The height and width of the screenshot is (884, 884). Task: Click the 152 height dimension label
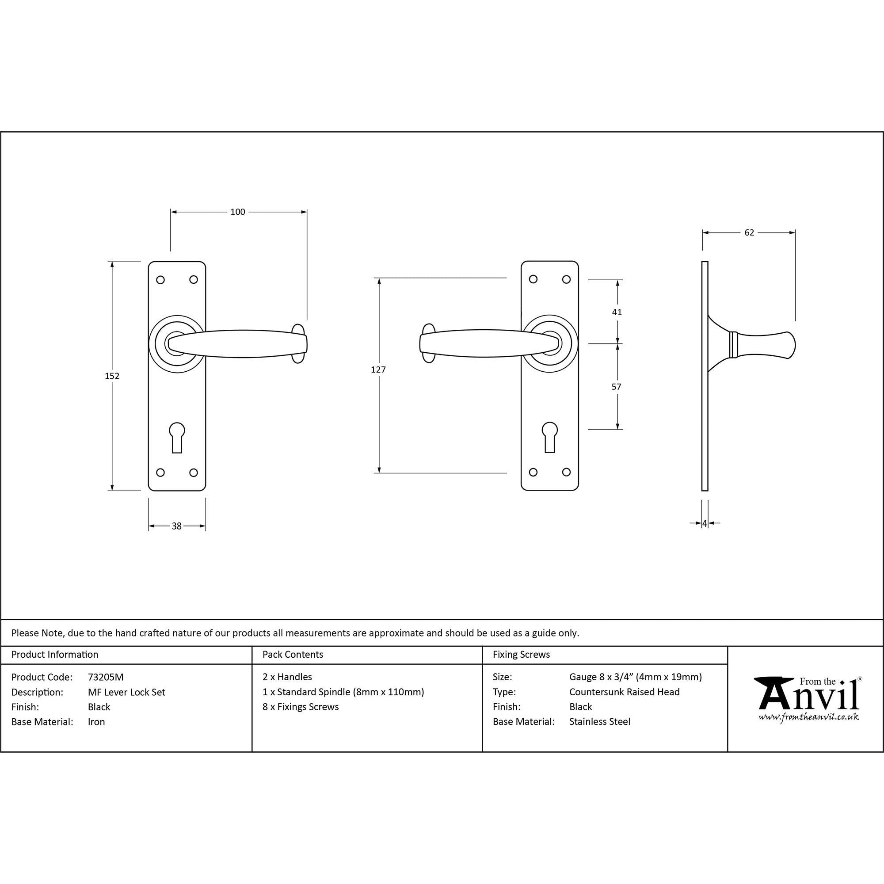[x=112, y=376]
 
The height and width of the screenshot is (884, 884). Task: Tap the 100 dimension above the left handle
[x=237, y=212]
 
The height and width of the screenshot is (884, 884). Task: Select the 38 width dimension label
[x=177, y=526]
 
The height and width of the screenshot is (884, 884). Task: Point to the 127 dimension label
[x=378, y=369]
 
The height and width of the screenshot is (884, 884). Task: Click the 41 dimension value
[x=617, y=312]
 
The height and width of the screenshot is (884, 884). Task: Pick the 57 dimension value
[x=616, y=387]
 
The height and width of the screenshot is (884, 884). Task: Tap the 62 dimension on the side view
[x=749, y=232]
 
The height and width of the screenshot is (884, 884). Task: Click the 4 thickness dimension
[x=705, y=523]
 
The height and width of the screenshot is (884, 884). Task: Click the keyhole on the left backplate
[x=177, y=437]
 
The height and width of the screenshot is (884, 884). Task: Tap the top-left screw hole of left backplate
[x=160, y=280]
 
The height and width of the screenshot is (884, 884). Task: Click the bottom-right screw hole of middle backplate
[x=566, y=472]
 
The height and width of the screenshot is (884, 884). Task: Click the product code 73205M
[x=106, y=677]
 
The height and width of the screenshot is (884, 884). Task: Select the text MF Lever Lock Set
[x=126, y=692]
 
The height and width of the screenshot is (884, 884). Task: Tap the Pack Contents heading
[x=293, y=654]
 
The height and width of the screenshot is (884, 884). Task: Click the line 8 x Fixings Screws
[x=301, y=707]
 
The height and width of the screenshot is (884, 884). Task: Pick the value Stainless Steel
[x=599, y=722]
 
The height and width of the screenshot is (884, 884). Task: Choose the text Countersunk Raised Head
[x=624, y=692]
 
